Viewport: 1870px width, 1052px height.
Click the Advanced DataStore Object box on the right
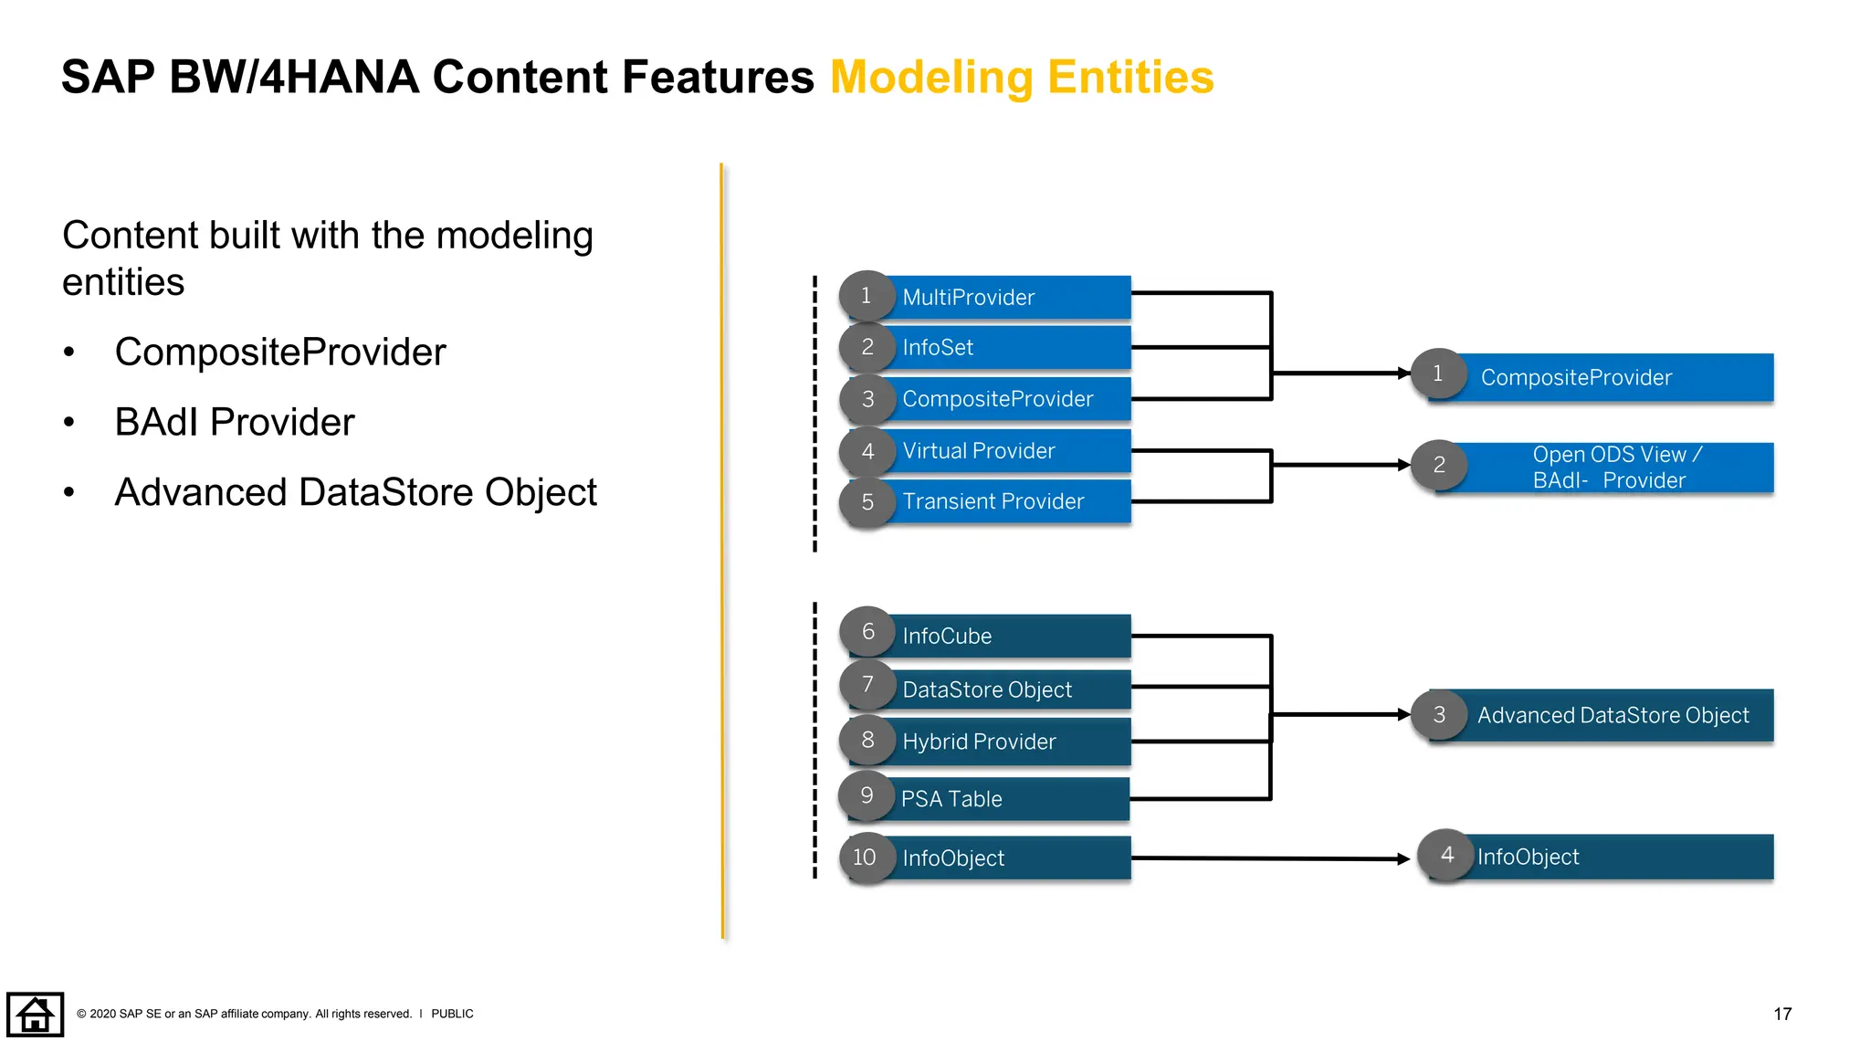click(1613, 715)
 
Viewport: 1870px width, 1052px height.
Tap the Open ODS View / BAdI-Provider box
click(1613, 468)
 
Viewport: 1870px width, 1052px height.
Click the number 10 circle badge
click(865, 857)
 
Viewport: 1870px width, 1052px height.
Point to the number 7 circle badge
click(867, 685)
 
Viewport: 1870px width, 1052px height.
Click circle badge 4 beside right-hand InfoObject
click(1446, 855)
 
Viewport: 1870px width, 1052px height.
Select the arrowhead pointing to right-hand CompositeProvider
click(1404, 373)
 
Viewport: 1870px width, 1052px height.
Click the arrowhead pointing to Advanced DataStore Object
click(1404, 714)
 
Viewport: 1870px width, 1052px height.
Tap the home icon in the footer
click(35, 1015)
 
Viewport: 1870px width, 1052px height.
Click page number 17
click(1781, 1015)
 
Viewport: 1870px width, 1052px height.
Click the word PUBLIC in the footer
click(452, 1014)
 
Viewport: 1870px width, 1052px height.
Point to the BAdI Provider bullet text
click(235, 423)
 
